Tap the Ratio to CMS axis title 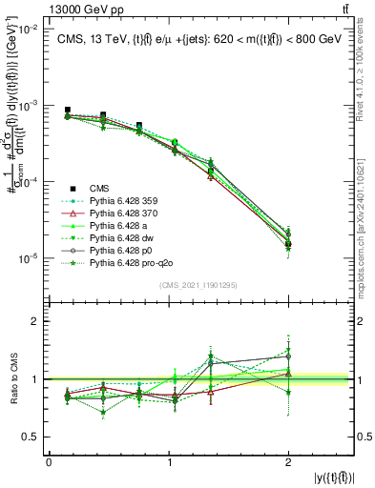tap(12, 379)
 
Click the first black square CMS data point tap(67, 111)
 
